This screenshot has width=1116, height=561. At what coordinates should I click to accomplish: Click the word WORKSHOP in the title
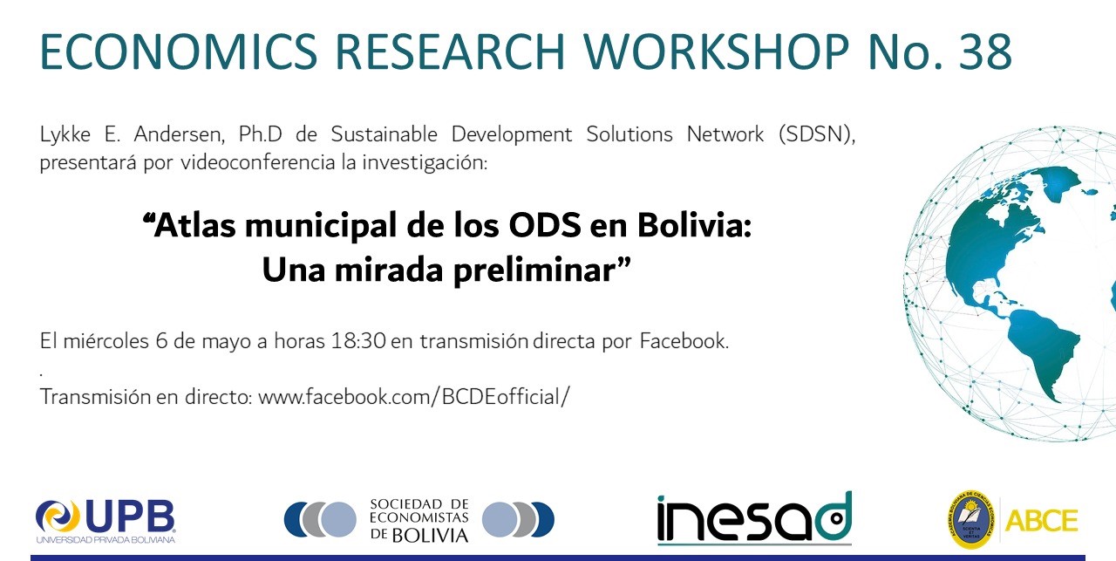pos(716,51)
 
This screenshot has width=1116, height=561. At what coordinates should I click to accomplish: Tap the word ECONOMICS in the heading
pos(179,51)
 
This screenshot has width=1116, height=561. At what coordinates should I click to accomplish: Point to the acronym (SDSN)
pos(817,134)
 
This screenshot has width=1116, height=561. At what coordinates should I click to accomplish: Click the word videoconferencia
pos(257,162)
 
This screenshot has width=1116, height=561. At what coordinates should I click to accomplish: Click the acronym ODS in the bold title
pos(545,225)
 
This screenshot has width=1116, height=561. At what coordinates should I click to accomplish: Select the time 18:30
pos(358,341)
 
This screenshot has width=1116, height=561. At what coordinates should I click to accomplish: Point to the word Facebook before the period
pos(682,341)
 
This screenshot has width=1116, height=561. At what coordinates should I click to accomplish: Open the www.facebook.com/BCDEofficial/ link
pos(413,398)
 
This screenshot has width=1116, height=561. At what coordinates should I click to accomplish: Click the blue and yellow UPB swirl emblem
pos(58,517)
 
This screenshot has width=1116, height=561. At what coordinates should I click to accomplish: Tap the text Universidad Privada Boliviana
pos(105,540)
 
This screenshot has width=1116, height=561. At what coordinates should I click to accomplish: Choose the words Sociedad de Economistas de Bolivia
pos(419,520)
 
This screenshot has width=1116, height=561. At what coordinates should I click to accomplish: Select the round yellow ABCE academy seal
pos(970,520)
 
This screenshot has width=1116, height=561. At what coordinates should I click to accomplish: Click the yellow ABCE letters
pos(1042,521)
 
